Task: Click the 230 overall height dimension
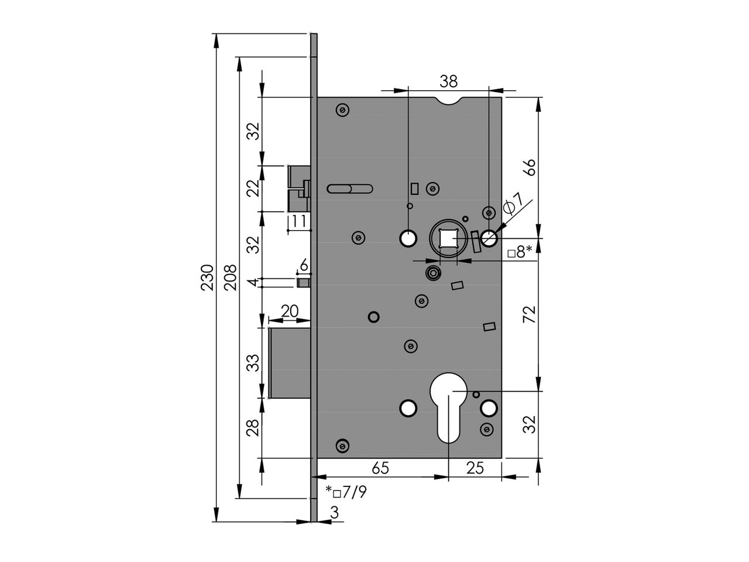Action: click(207, 277)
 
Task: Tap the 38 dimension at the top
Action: click(449, 81)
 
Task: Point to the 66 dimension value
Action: click(529, 168)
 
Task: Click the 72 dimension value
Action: click(529, 316)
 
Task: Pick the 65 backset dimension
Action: click(380, 468)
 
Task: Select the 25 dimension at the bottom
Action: click(475, 468)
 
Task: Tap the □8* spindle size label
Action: click(520, 252)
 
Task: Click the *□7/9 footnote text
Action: click(346, 492)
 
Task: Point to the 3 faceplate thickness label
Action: click(334, 512)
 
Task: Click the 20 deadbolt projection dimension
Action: click(290, 311)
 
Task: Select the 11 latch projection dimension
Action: click(299, 221)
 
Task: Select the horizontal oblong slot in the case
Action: click(349, 189)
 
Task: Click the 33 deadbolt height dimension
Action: click(253, 364)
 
